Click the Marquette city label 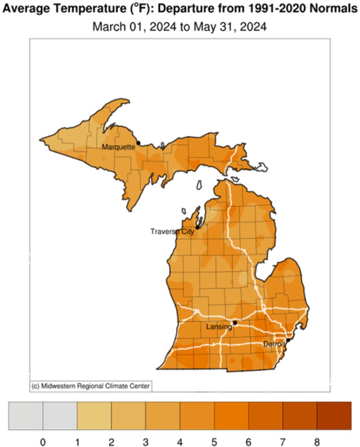point(118,147)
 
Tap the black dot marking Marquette point(138,143)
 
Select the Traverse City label point(172,232)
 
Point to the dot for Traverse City point(197,228)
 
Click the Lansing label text point(219,327)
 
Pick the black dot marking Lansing point(235,323)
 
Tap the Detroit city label point(274,344)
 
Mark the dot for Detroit point(288,340)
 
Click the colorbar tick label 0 point(43,442)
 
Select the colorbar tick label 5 point(214,442)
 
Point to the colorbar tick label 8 point(317,442)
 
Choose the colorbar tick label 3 point(145,442)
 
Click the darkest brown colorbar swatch point(334,415)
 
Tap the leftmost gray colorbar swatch point(26,415)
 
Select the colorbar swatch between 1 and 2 point(94,415)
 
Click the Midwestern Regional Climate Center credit point(91,386)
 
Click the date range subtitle point(179,27)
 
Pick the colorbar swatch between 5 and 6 point(231,415)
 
